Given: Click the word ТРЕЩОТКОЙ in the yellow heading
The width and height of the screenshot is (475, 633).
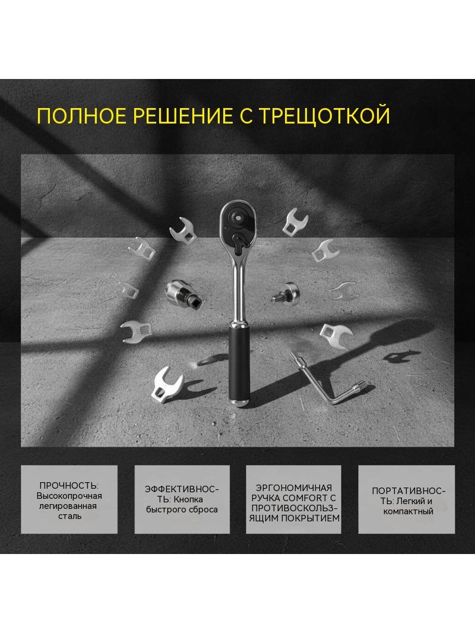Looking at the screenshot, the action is (x=324, y=115).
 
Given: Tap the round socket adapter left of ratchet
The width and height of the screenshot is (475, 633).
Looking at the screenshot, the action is (x=183, y=292).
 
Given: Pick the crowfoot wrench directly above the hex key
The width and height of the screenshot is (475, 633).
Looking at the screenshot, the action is (x=336, y=335).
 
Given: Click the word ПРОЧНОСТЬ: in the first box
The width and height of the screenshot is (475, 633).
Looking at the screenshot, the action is (x=69, y=486).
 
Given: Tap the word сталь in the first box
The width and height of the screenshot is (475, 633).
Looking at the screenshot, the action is (x=69, y=517).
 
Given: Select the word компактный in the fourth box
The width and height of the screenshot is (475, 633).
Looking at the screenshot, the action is (x=408, y=511).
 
